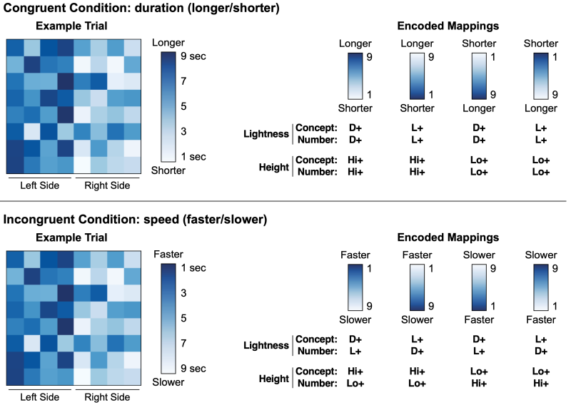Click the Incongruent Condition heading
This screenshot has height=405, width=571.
tap(135, 220)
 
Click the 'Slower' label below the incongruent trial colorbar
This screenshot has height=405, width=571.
tap(168, 381)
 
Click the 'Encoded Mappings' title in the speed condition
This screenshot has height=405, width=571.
tap(448, 237)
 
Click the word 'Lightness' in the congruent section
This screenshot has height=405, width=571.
tap(266, 133)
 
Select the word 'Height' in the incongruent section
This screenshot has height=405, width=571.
tap(273, 377)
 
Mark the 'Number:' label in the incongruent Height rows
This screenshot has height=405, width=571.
tap(316, 383)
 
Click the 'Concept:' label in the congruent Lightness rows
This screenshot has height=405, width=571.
tap(316, 128)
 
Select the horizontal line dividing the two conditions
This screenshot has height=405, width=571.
tap(285, 202)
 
